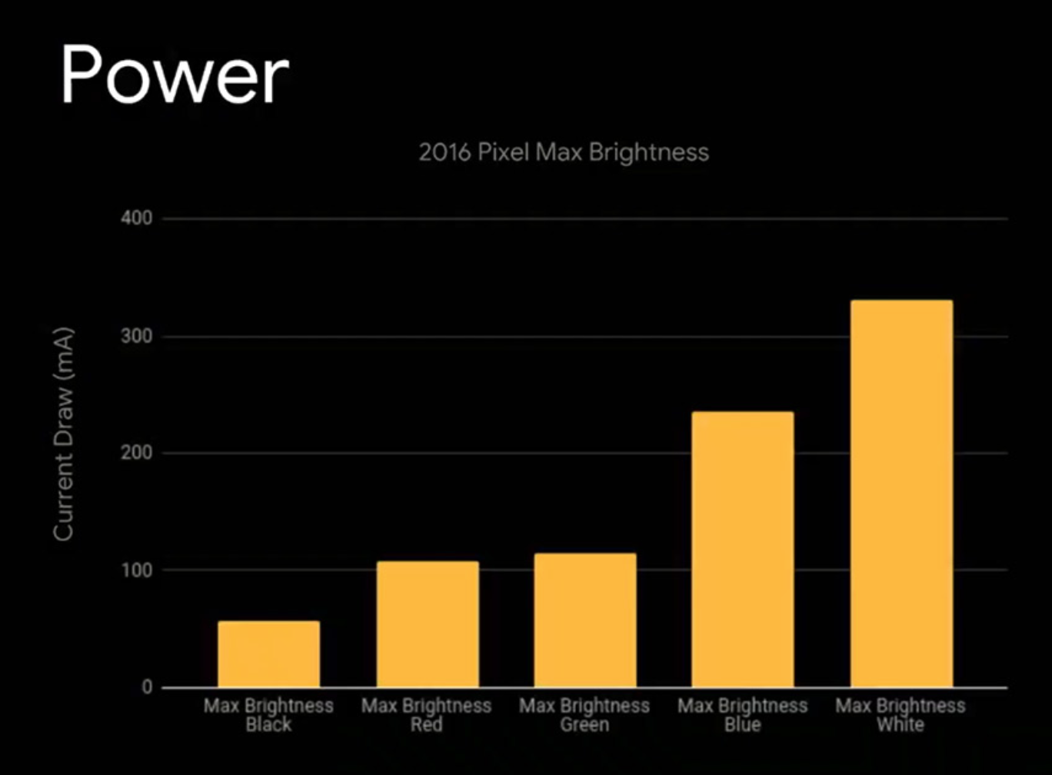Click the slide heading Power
coord(175,75)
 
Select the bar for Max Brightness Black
coord(268,654)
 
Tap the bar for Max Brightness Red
coord(427,624)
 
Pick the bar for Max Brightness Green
coord(584,620)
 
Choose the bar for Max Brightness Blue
coord(742,549)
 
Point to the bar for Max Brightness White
coord(901,493)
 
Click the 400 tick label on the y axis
coord(136,219)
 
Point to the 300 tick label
coord(136,337)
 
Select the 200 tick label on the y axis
coord(136,453)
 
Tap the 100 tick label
coord(136,570)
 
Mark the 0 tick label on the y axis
coord(146,687)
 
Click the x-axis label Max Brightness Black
coord(268,714)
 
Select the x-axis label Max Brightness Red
coord(427,714)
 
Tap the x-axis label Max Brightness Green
coord(584,714)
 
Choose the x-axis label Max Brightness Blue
coord(742,714)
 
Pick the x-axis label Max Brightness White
coord(901,714)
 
